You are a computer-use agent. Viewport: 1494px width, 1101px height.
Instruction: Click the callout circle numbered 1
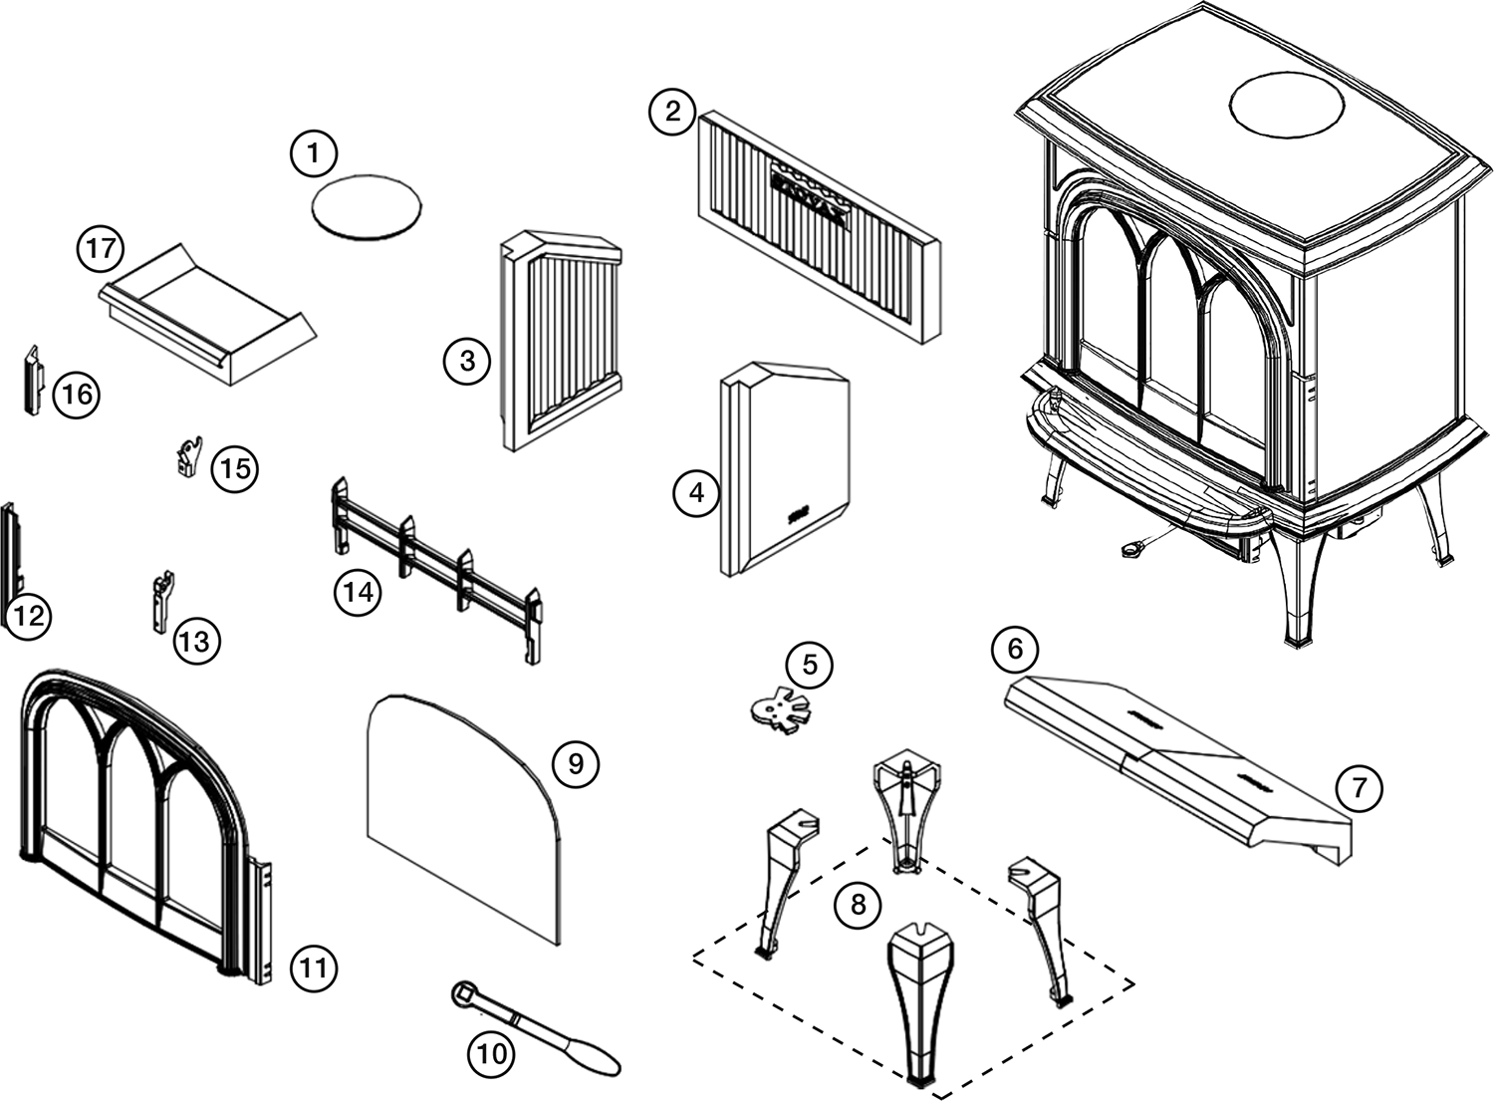coord(314,153)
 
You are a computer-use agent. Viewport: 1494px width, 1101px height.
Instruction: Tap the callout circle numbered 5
coord(809,664)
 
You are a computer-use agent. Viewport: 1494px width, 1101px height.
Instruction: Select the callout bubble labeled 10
coord(492,1053)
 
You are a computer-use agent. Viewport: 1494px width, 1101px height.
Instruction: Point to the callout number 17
coord(101,248)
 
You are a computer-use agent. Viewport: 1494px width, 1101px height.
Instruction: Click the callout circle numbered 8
coord(859,905)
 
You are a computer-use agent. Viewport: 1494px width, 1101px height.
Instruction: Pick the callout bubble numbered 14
coord(359,592)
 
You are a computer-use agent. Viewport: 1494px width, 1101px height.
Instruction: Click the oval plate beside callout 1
coord(366,206)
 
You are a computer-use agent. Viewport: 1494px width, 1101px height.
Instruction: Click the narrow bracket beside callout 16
coord(32,380)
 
